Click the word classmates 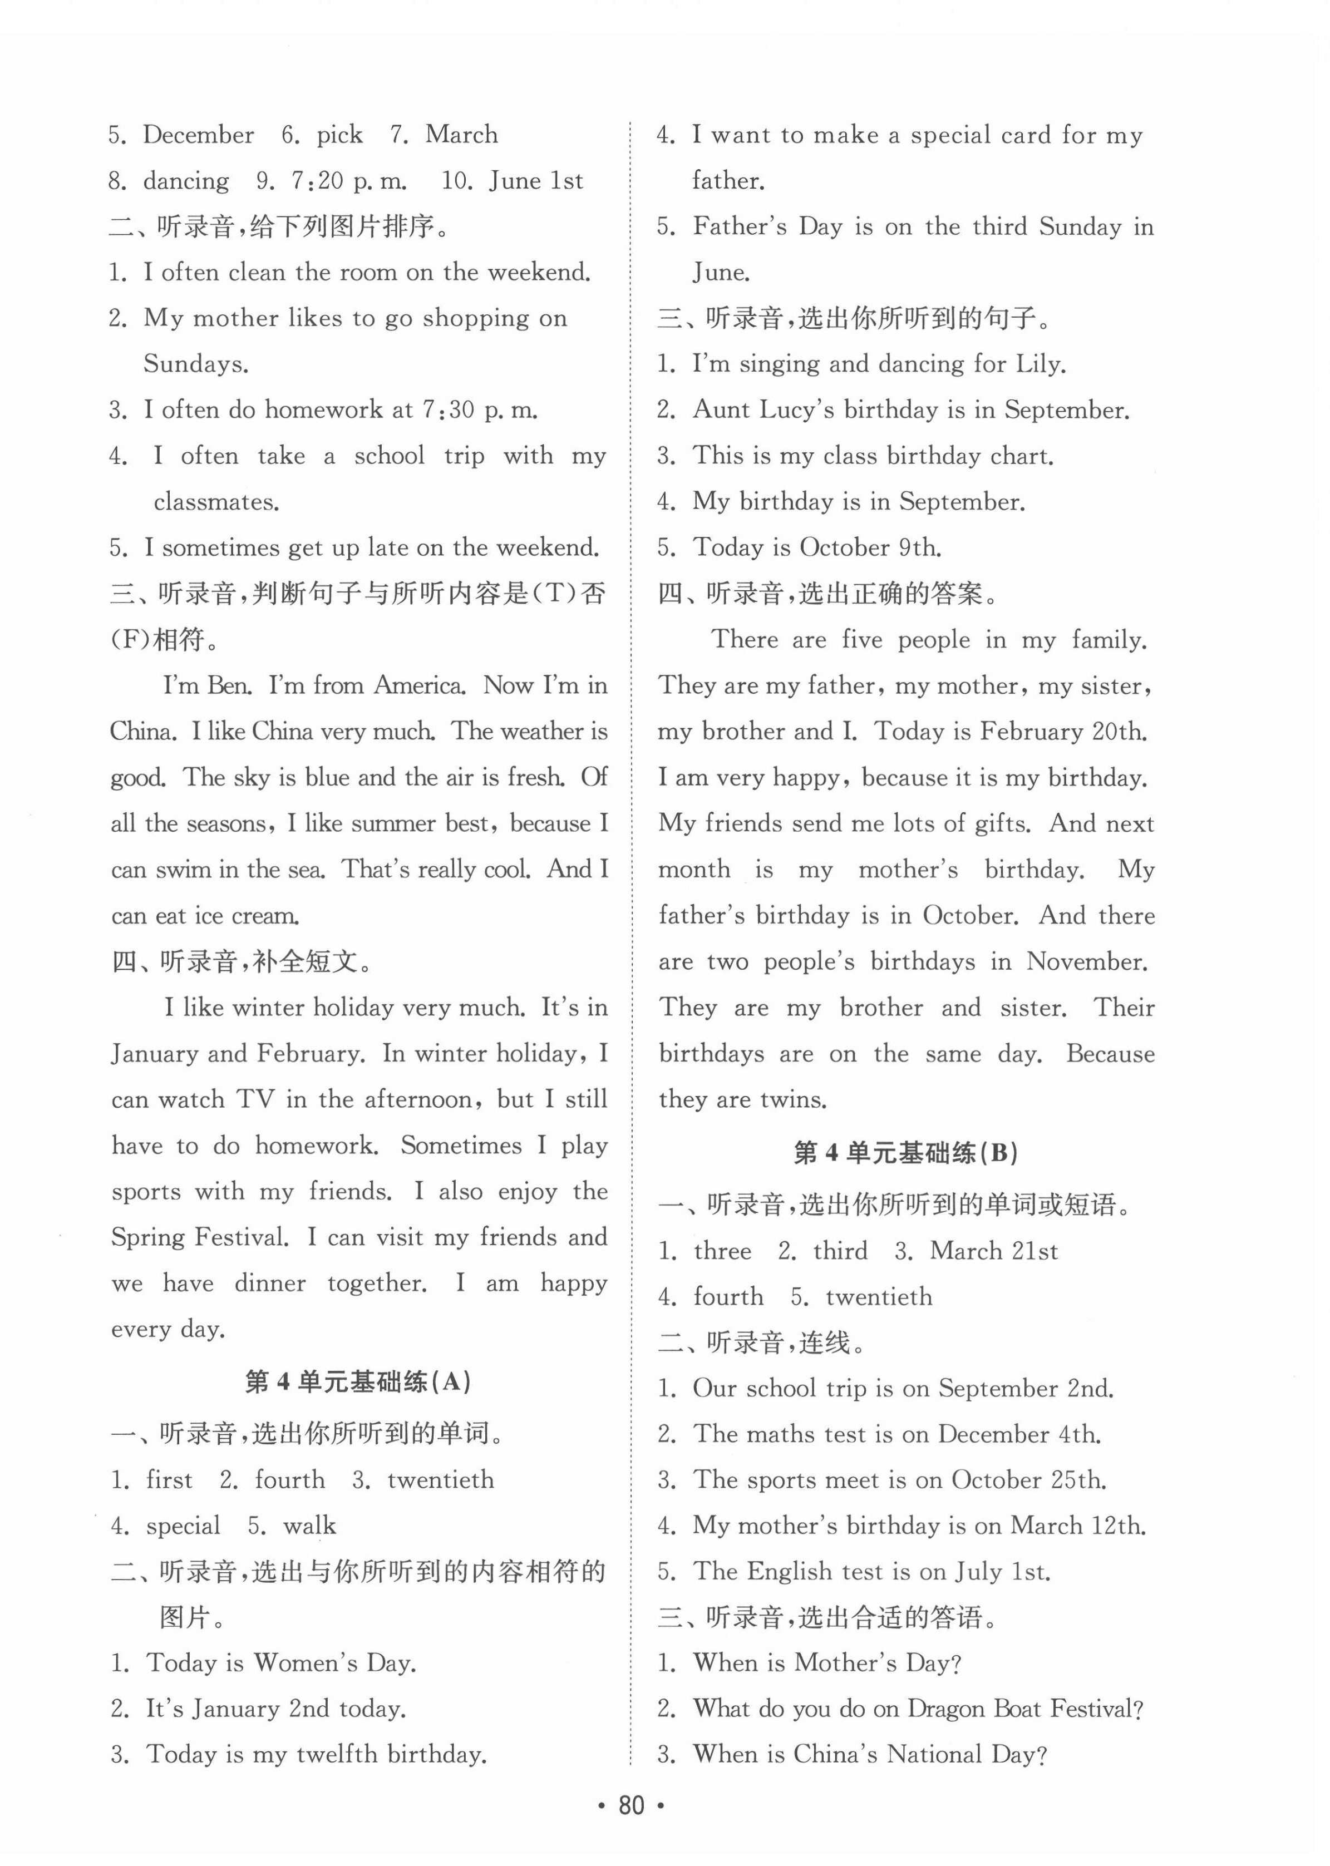(x=216, y=502)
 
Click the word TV (x=255, y=1099)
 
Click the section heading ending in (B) (x=905, y=1154)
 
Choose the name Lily (x=1040, y=364)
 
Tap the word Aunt (x=719, y=409)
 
